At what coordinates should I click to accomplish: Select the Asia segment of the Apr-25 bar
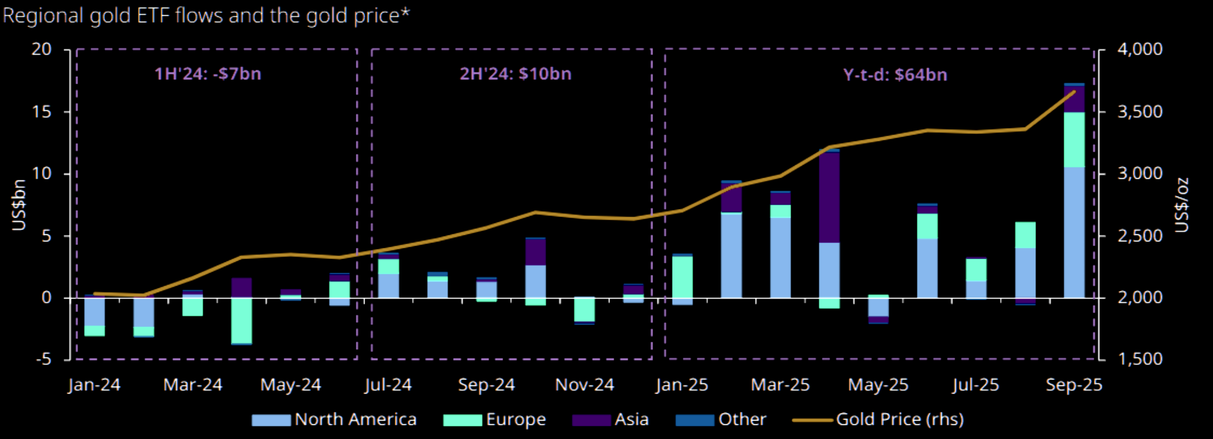[829, 198]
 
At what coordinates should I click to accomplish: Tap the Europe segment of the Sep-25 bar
[1074, 140]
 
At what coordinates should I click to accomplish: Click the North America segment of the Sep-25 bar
[1074, 233]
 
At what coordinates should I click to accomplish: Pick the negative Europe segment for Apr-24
[241, 320]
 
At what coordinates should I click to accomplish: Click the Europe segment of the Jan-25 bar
[683, 277]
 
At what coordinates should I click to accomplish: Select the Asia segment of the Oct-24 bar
[535, 252]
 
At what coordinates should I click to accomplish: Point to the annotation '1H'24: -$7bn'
[208, 74]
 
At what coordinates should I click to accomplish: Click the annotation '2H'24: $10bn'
[516, 74]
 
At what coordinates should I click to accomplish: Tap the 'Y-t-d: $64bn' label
[895, 75]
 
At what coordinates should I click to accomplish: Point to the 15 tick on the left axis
[42, 112]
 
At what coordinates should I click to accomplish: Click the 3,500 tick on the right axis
[1139, 112]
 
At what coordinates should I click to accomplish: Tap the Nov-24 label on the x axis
[584, 385]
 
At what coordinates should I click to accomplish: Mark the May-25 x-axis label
[878, 385]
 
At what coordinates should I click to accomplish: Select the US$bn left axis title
[19, 205]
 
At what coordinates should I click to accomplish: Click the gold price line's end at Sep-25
[1074, 91]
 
